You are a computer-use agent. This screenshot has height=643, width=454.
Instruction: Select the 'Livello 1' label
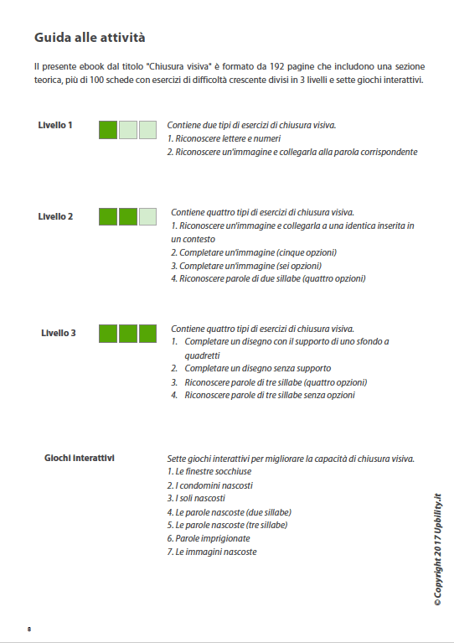[x=55, y=126]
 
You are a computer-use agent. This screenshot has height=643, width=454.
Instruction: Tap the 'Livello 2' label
[x=55, y=216]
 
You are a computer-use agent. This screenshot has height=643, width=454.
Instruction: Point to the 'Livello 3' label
[x=59, y=333]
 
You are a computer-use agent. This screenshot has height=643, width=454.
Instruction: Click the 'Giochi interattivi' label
[x=80, y=459]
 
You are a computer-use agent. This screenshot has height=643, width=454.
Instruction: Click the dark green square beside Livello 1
[x=108, y=129]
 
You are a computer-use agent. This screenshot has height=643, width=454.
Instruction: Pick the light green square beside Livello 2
[x=147, y=216]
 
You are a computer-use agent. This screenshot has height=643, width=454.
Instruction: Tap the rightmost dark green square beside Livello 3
[x=147, y=333]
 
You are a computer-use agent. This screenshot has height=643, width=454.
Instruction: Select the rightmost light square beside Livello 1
[x=147, y=129]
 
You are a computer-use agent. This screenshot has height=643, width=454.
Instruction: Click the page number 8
[x=29, y=629]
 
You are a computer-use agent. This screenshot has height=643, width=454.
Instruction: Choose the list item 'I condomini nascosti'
[x=210, y=485]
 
